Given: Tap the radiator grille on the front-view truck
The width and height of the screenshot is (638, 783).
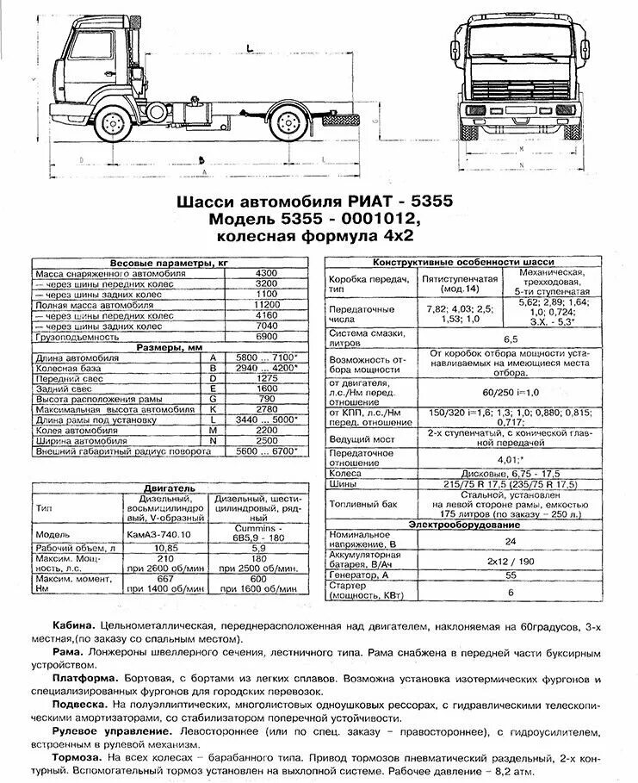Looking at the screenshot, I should [522, 86].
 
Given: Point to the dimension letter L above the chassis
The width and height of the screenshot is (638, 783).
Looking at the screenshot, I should [247, 47].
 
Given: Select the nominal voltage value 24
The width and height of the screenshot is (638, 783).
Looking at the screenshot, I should [510, 542].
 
